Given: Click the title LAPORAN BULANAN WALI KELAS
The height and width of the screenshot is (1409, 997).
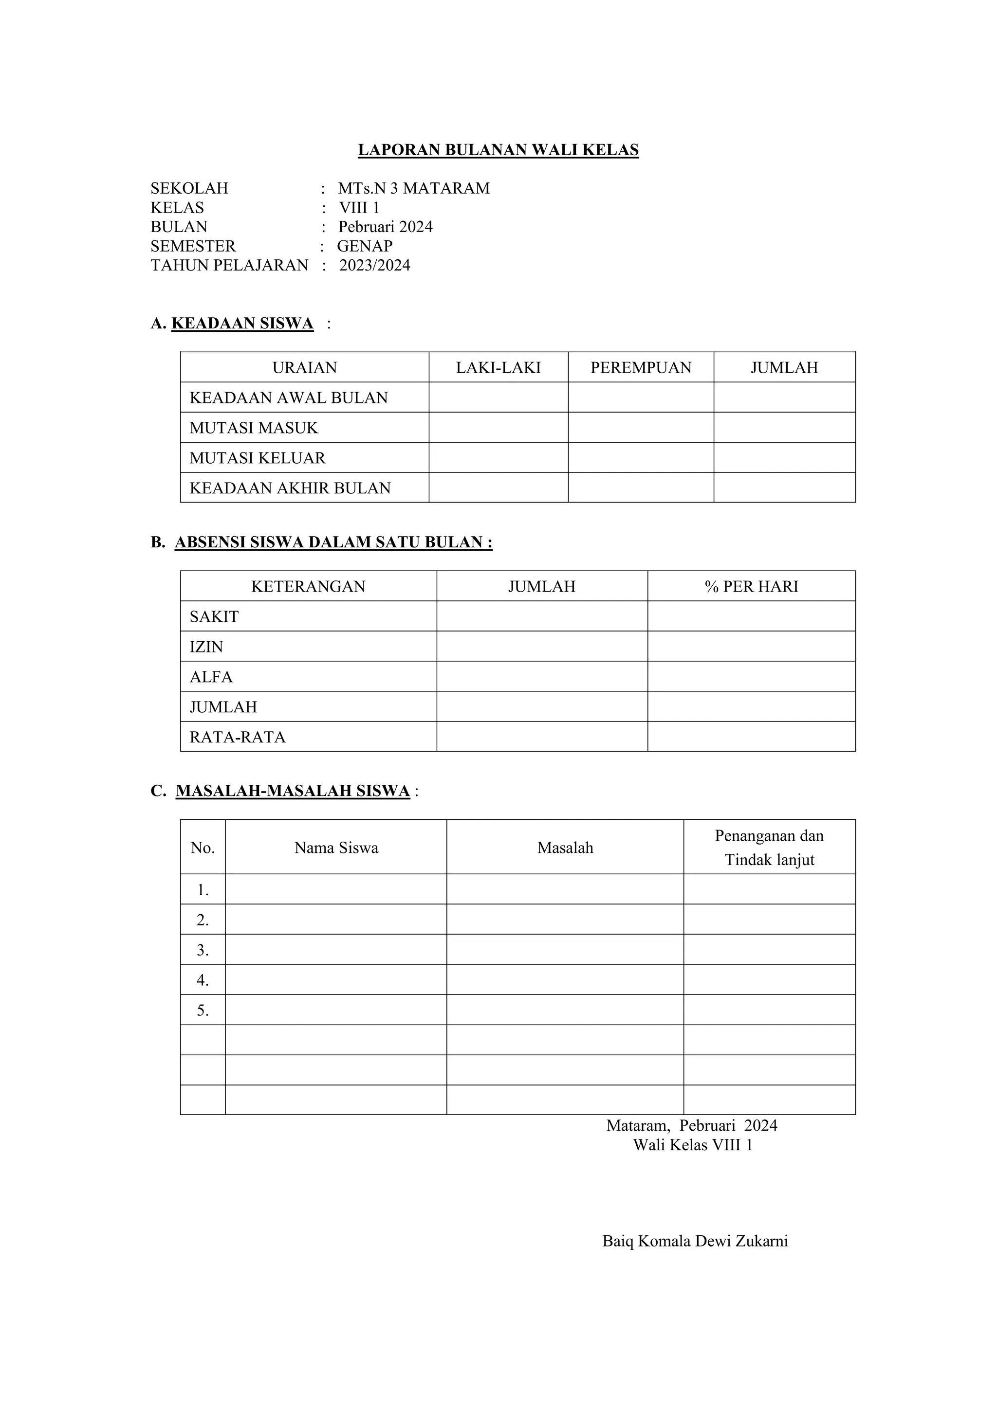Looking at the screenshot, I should (x=498, y=150).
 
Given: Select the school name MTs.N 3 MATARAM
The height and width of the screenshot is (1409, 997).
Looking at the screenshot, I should (x=413, y=188).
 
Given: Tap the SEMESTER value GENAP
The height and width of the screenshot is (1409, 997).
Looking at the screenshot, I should (x=365, y=246).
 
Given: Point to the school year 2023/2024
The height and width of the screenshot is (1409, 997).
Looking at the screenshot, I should (x=374, y=265).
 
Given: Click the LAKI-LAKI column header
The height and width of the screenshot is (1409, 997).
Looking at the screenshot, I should (x=498, y=368).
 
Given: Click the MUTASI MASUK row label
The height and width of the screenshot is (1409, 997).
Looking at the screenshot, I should (x=254, y=428).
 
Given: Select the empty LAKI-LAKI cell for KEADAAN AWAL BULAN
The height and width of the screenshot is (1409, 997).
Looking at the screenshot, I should (x=498, y=397).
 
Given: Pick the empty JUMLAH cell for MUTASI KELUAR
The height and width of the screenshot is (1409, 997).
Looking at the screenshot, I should (x=784, y=458).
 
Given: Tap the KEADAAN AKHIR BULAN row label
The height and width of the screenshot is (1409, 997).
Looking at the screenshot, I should (x=290, y=488).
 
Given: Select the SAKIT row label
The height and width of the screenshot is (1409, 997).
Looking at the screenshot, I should (x=214, y=617).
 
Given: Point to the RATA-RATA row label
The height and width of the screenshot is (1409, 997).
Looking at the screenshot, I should (x=238, y=737).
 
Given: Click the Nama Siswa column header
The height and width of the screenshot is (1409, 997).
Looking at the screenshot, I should (x=336, y=848).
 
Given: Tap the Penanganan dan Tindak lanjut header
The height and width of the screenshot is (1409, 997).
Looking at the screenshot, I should (x=769, y=848).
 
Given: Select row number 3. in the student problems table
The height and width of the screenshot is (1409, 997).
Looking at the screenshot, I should (x=203, y=951).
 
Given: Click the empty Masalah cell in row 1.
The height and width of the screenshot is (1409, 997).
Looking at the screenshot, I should (x=565, y=890).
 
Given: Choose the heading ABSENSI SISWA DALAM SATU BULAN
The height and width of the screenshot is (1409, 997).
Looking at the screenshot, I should (x=333, y=542).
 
